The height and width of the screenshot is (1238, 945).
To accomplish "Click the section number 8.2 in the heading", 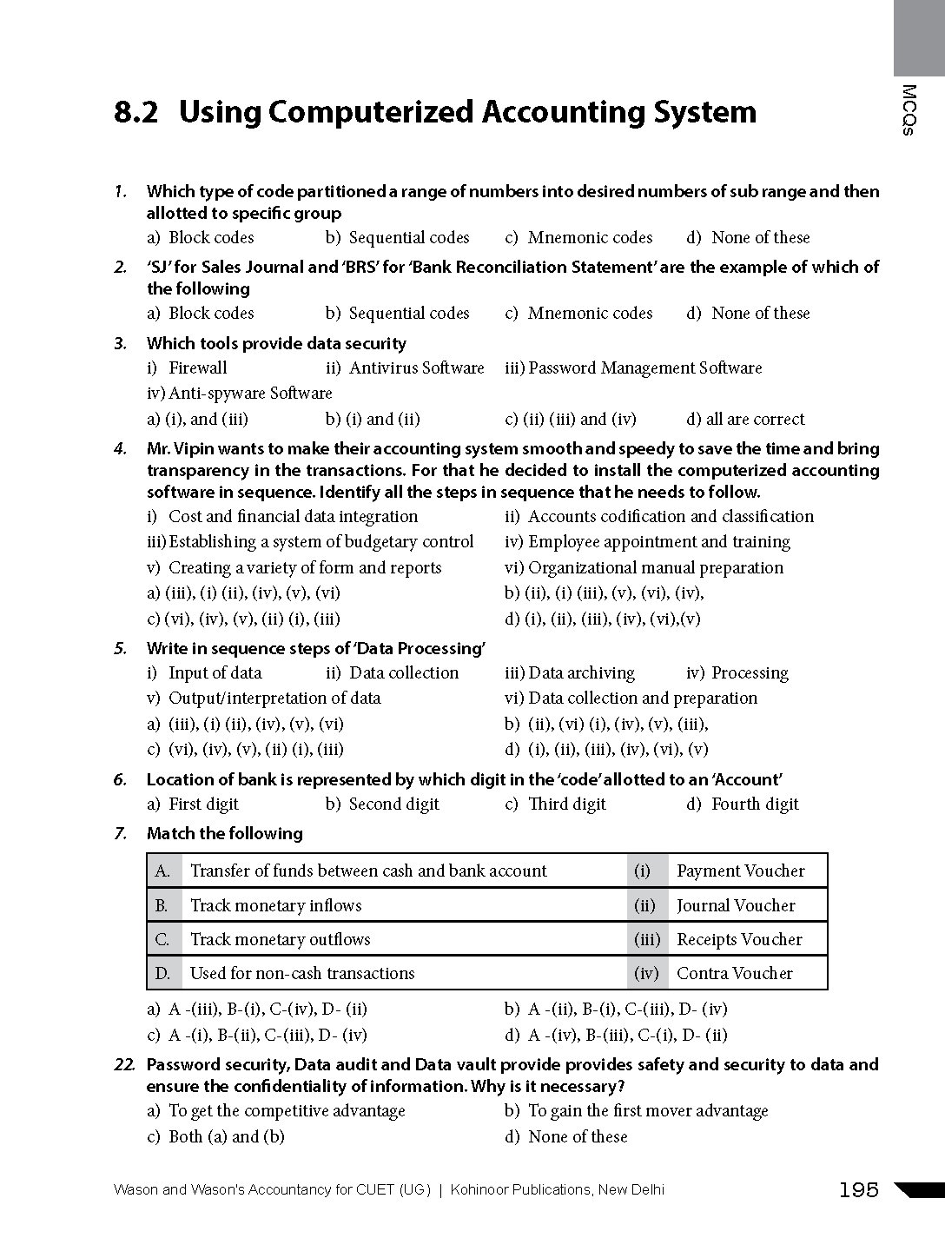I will (135, 113).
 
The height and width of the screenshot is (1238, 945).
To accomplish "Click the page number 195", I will (859, 1190).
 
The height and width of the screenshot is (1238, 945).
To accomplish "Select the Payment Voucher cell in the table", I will (740, 871).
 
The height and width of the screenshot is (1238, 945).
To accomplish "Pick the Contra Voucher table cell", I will (734, 973).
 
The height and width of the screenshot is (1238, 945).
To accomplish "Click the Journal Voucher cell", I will (736, 905).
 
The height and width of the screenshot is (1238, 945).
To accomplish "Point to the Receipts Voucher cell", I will (739, 939).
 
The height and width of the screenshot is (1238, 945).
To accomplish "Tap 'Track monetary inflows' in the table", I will (275, 905).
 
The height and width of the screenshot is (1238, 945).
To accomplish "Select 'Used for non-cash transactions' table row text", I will (302, 973).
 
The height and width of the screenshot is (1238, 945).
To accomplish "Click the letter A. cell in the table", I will (163, 871).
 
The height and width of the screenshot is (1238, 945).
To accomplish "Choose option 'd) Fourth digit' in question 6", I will (743, 804).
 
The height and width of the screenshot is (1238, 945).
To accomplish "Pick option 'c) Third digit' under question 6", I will (556, 804).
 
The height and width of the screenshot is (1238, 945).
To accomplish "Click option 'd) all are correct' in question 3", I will (745, 420).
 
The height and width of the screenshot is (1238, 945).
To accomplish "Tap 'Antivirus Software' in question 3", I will (416, 368).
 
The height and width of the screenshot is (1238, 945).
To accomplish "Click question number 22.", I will (124, 1065).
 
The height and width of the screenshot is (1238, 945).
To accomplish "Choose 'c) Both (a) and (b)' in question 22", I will (216, 1136).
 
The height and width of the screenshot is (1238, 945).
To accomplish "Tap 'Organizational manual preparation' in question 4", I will (655, 568).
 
